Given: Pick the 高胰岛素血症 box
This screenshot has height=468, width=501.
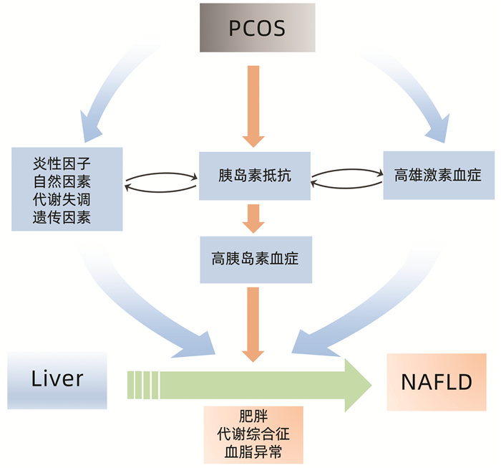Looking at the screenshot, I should click(255, 258).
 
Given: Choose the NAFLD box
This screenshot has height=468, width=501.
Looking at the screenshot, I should click(437, 382).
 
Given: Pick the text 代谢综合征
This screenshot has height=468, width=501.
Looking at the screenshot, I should click(253, 435).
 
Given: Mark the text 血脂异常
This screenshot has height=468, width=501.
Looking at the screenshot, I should click(253, 452).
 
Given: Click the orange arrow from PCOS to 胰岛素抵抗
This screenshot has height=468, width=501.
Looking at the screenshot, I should click(255, 104).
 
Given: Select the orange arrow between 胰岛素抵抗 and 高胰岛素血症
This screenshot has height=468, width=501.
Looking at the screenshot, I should click(255, 217).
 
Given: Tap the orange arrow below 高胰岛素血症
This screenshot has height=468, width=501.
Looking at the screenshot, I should click(255, 323).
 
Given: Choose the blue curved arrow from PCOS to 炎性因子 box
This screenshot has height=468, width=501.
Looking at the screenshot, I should click(107, 90).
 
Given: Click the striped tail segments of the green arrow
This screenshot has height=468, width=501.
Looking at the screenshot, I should click(143, 380).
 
